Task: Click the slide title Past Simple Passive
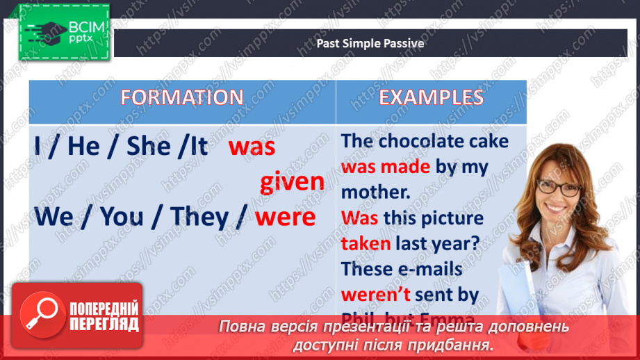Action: (x=370, y=44)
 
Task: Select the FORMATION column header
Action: (x=181, y=97)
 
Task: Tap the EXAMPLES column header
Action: (x=431, y=97)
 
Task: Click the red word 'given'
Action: (x=292, y=182)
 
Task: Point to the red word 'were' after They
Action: (x=285, y=217)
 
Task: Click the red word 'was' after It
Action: (x=252, y=146)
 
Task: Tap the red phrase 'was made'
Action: (x=386, y=167)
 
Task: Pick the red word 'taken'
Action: (x=366, y=243)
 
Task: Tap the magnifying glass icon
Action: (x=39, y=313)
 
